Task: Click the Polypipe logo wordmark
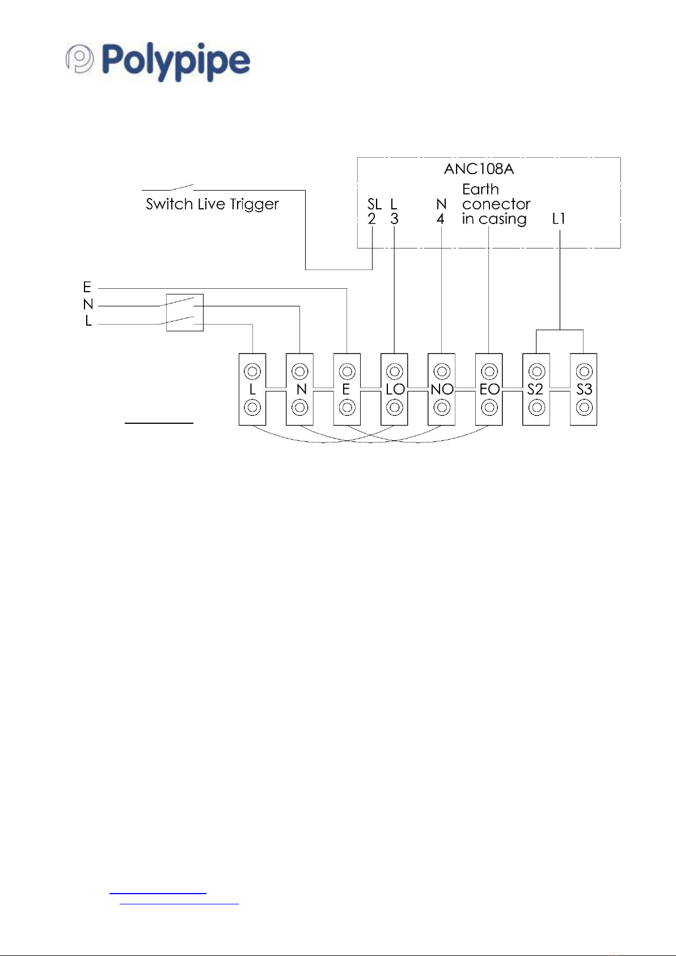click(x=176, y=61)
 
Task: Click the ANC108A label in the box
click(x=479, y=169)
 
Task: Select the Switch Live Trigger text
click(x=212, y=204)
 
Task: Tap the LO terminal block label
click(x=395, y=389)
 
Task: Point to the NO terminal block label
click(x=442, y=389)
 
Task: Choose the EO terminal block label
click(x=489, y=389)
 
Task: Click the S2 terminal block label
click(x=535, y=389)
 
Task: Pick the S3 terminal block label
click(x=584, y=389)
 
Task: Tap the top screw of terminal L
click(x=252, y=371)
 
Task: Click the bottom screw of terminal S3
click(x=584, y=407)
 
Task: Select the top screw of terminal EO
click(x=489, y=371)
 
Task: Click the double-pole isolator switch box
click(x=185, y=313)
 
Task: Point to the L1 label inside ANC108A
click(x=558, y=219)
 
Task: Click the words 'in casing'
click(x=495, y=220)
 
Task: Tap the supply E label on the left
click(x=87, y=287)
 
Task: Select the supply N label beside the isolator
click(x=88, y=304)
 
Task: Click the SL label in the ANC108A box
click(x=374, y=204)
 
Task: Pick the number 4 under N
click(x=441, y=219)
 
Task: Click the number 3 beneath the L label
click(x=394, y=219)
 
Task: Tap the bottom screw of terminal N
click(x=300, y=407)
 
